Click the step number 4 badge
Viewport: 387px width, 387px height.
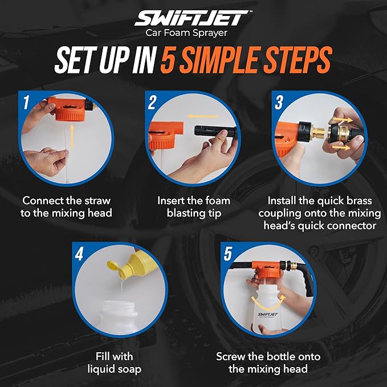point(79,254)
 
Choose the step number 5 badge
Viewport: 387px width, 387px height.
point(228,254)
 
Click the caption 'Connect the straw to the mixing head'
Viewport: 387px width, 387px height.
point(66,207)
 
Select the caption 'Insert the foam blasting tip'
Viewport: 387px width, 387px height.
point(194,207)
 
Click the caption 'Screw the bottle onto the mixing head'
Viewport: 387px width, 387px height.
point(268,363)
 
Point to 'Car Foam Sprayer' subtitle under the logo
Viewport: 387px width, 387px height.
point(193,34)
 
